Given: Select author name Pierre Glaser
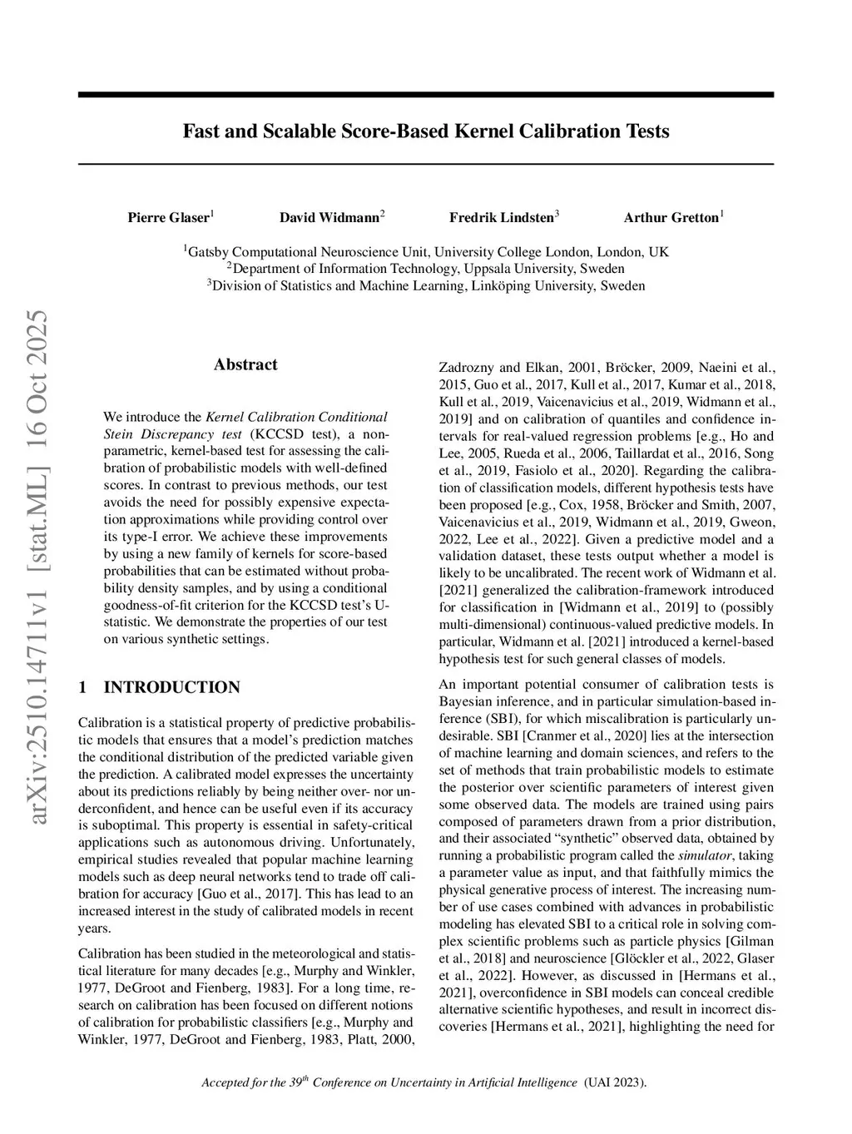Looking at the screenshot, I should [x=169, y=218].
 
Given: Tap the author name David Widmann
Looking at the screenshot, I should [x=329, y=218].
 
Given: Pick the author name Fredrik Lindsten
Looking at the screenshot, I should [x=502, y=218].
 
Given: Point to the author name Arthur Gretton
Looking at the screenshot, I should [x=671, y=218].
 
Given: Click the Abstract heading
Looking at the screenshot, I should [x=245, y=364].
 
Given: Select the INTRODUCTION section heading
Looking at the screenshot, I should [x=171, y=687].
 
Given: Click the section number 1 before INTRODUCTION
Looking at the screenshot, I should [x=82, y=687].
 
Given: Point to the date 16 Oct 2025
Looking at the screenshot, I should [x=37, y=385].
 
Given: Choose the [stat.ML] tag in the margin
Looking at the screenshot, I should [x=37, y=523].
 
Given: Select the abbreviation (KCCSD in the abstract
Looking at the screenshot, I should [x=278, y=433].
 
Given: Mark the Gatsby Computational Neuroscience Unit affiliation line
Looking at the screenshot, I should [x=426, y=251].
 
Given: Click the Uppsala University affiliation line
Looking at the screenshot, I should [x=426, y=269].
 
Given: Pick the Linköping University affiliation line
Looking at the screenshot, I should [x=426, y=286].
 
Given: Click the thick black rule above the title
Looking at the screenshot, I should [x=426, y=95].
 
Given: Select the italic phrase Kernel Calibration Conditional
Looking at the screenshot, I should [x=296, y=417].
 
